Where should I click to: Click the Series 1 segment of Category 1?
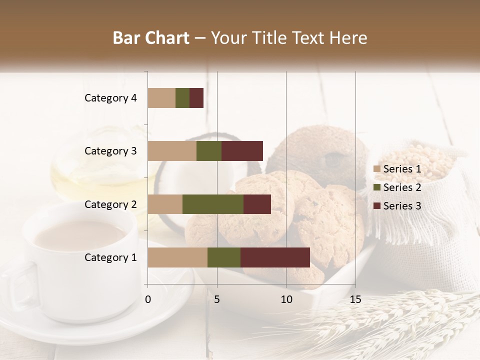point(177,257)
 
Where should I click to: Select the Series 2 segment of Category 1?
point(224,257)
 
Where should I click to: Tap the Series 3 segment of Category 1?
point(275,257)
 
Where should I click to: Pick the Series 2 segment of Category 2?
point(213,204)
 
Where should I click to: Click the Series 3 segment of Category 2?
point(257,204)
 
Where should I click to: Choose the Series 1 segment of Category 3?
point(172,151)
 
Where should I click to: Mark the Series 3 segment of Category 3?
point(242,151)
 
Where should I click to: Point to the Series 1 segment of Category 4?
point(161,98)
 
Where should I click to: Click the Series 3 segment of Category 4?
point(196,98)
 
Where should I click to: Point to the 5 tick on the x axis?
point(217,299)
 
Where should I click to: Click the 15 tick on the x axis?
point(355,299)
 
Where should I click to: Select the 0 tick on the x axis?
point(148,299)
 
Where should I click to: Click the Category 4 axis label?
point(110,98)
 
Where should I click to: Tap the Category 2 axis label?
point(110,204)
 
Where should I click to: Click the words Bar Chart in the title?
point(151,38)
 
